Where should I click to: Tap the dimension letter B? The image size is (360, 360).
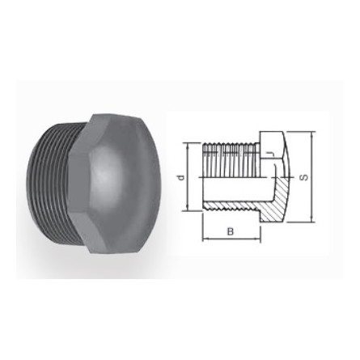coord(230,232)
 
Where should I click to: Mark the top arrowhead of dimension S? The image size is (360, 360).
coord(311,134)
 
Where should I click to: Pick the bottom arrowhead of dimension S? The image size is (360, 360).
coord(311,219)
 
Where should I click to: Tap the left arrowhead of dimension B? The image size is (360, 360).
coord(204,238)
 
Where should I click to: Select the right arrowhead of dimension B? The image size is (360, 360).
coord(259,238)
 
